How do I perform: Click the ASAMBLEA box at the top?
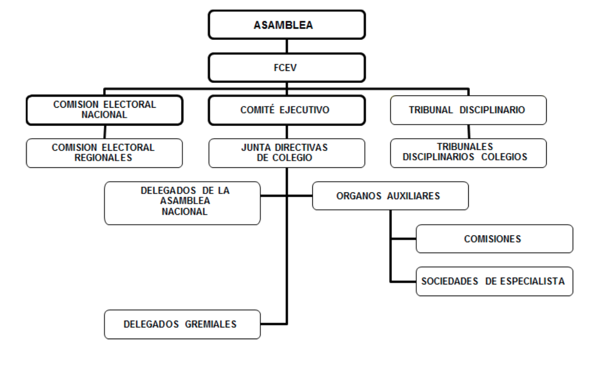(287, 25)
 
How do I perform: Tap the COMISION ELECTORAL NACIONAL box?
(104, 109)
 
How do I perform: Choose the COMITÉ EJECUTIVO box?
(287, 109)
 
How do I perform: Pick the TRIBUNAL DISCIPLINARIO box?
(469, 109)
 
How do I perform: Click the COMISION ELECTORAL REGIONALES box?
(104, 152)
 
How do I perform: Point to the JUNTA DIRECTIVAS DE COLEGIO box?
(287, 152)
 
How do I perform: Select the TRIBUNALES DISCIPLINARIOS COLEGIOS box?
(469, 152)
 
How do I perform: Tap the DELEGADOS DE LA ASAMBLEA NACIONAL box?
(182, 203)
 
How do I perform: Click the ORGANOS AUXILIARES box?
(390, 196)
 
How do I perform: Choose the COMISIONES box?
(494, 239)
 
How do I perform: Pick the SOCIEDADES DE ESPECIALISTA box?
(494, 282)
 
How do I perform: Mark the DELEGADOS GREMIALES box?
(182, 324)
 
